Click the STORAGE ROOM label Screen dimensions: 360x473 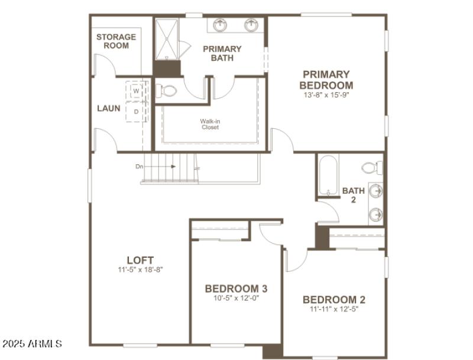(x=116, y=41)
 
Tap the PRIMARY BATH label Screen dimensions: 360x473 (x=222, y=53)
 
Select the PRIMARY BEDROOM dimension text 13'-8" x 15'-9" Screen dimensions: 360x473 (x=326, y=95)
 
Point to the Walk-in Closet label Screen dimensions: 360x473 (x=210, y=124)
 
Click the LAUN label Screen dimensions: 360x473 (x=109, y=108)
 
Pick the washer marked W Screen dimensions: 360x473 (x=136, y=92)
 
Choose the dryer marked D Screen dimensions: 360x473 (x=136, y=111)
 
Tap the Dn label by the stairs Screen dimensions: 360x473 (x=140, y=167)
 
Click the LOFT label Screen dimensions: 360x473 (x=140, y=260)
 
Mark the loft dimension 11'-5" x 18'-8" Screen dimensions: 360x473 (x=140, y=270)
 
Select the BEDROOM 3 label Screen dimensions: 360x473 (x=236, y=288)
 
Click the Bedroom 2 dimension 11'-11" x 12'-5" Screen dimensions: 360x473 (x=334, y=309)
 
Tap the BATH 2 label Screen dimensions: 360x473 (x=354, y=194)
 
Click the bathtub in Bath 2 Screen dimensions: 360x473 (x=328, y=175)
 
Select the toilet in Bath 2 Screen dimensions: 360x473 (x=372, y=167)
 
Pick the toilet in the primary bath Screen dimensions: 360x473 (x=169, y=91)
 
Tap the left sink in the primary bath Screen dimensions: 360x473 (x=221, y=25)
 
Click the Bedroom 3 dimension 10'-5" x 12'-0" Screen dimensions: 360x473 (x=236, y=298)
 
